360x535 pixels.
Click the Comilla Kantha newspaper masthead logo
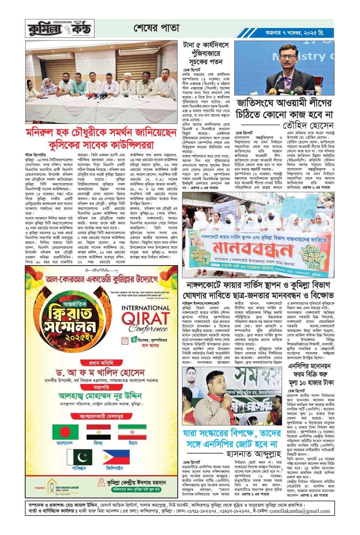click(59, 29)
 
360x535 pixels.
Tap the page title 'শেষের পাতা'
click(156, 28)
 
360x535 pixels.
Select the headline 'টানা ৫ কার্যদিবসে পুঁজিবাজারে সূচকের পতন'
click(205, 54)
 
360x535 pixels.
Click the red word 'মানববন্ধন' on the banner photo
click(253, 248)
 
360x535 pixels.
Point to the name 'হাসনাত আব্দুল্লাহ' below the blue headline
click(253, 454)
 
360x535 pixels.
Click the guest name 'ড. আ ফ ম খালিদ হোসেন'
click(101, 373)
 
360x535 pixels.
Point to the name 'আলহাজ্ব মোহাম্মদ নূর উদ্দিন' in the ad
click(100, 396)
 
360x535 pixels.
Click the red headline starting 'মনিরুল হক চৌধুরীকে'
click(101, 138)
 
